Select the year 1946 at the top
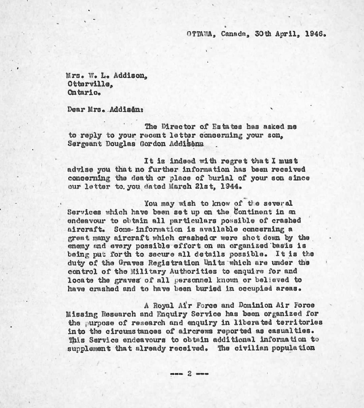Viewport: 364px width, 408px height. click(315, 34)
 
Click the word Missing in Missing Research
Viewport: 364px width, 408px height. click(82, 314)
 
